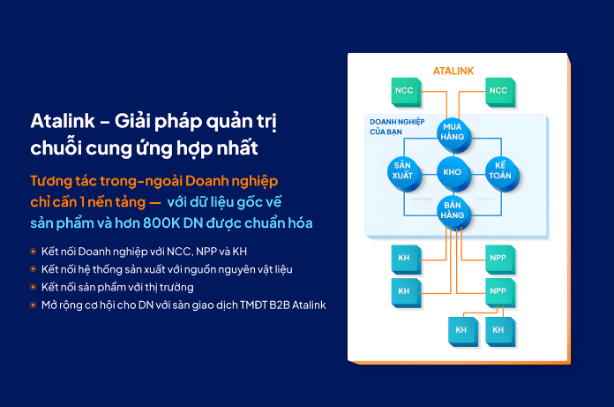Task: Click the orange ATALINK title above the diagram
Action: coord(454,70)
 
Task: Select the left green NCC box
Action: coord(404,91)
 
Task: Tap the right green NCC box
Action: coord(499,91)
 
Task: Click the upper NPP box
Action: coord(498,258)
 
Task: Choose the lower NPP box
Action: coord(498,290)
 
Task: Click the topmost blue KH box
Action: coord(404,258)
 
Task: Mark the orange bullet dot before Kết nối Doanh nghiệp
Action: coord(34,251)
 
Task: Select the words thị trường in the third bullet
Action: coord(168,287)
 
